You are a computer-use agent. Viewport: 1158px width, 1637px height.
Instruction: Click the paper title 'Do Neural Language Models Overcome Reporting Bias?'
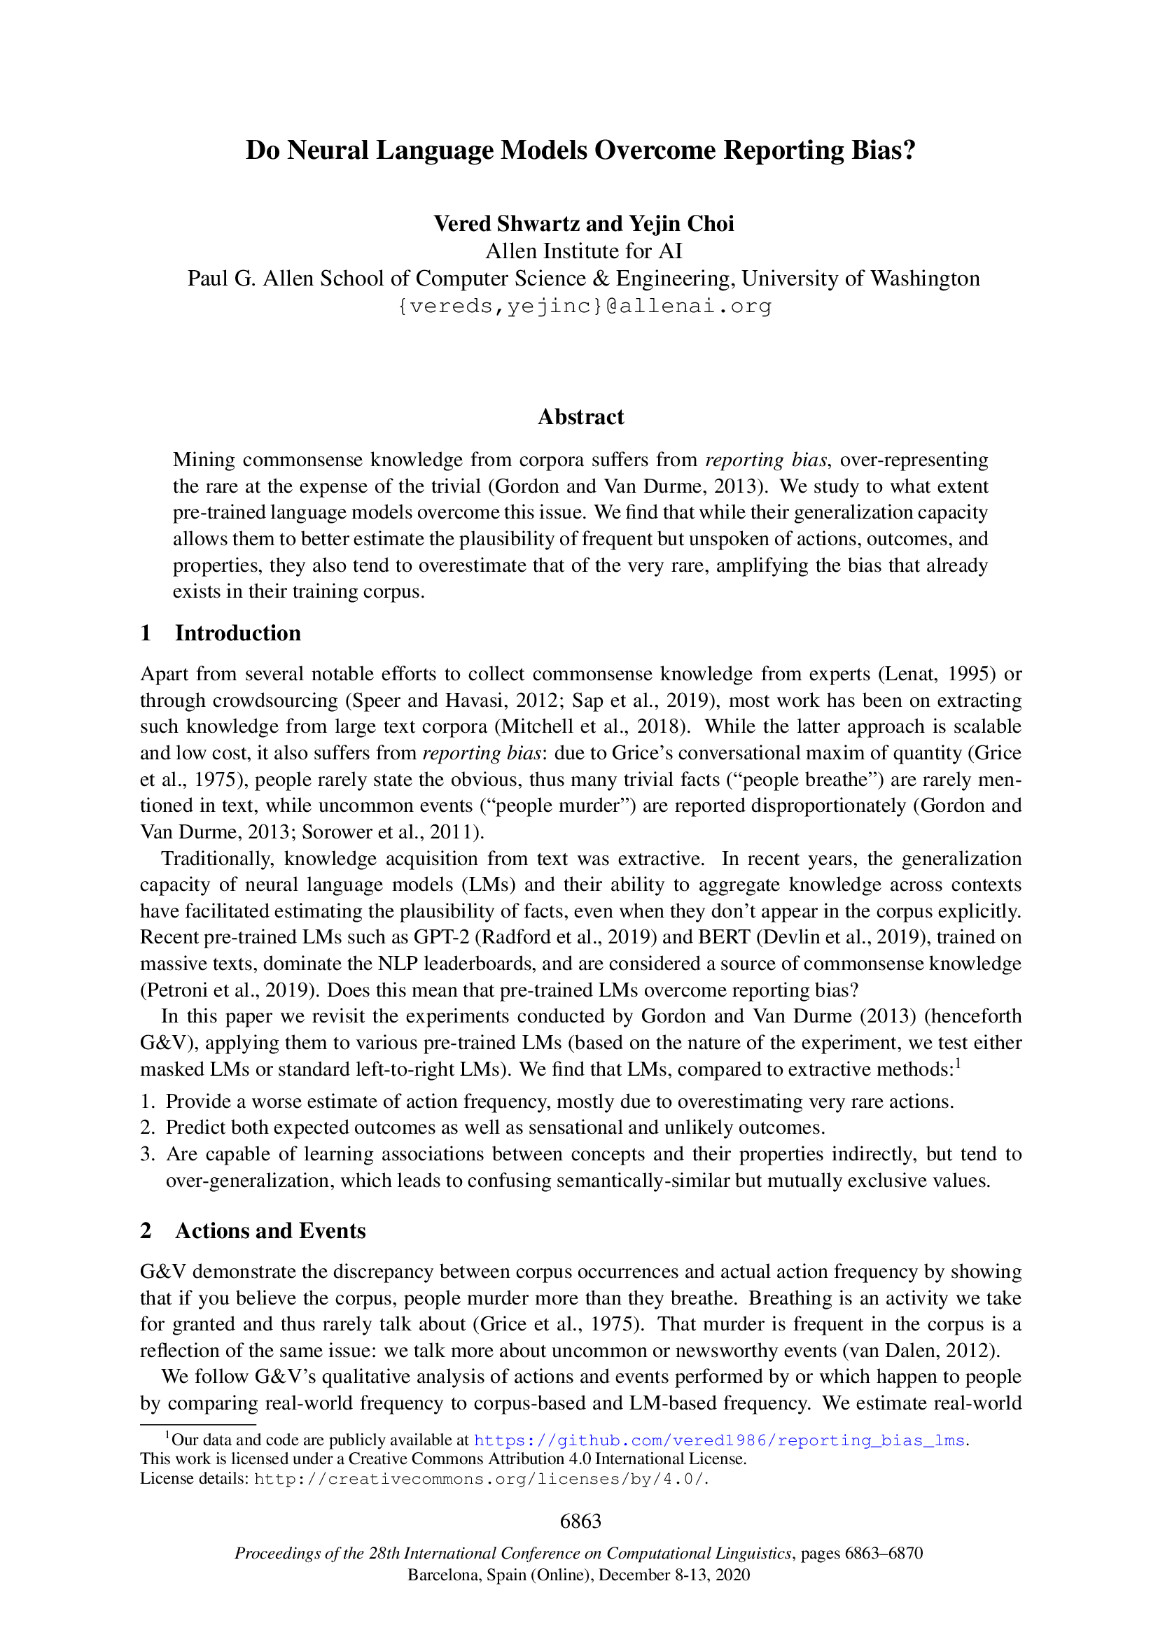click(x=580, y=150)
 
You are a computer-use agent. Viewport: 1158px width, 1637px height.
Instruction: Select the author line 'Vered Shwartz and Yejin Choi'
click(x=583, y=224)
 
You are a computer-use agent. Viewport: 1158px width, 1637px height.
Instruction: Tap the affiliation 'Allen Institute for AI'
click(x=583, y=251)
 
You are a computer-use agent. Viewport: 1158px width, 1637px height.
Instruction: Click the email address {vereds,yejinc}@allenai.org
click(x=583, y=306)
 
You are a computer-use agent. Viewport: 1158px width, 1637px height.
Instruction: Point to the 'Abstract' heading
click(x=580, y=417)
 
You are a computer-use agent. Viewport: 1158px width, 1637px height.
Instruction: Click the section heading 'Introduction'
click(x=237, y=633)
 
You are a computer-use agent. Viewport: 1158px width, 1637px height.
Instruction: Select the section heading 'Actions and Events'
click(x=270, y=1230)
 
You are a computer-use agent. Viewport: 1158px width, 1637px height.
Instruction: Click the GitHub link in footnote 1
click(x=718, y=1440)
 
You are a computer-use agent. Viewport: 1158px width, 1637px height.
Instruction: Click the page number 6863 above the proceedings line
click(x=580, y=1521)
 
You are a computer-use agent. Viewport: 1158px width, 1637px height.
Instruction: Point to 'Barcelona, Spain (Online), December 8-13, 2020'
click(x=578, y=1574)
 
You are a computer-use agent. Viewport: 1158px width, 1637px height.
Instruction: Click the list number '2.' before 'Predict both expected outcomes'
click(x=148, y=1127)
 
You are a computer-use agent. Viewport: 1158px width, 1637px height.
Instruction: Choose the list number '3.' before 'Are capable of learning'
click(x=148, y=1154)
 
